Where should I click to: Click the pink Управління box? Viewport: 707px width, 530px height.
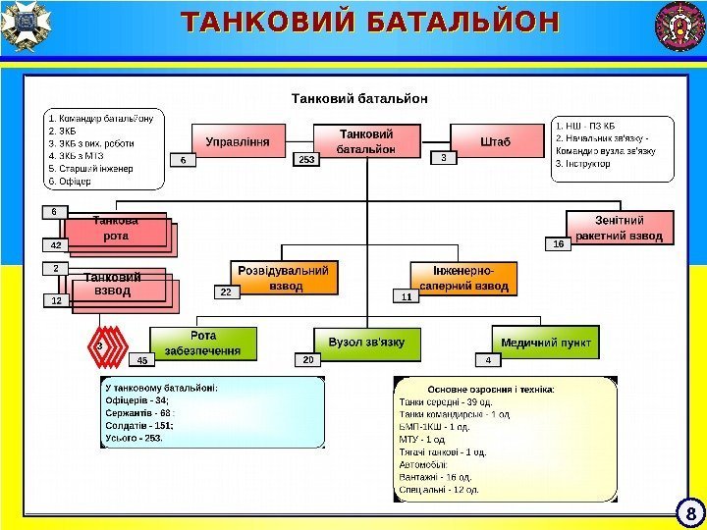coord(238,141)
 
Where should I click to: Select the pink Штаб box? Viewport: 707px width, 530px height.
coord(496,141)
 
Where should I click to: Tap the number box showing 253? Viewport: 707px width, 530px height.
coord(307,158)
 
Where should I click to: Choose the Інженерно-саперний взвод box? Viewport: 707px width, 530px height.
coord(463,278)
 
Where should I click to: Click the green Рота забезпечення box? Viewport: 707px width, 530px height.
coord(203,344)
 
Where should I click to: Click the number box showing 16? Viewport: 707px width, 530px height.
coord(557,242)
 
